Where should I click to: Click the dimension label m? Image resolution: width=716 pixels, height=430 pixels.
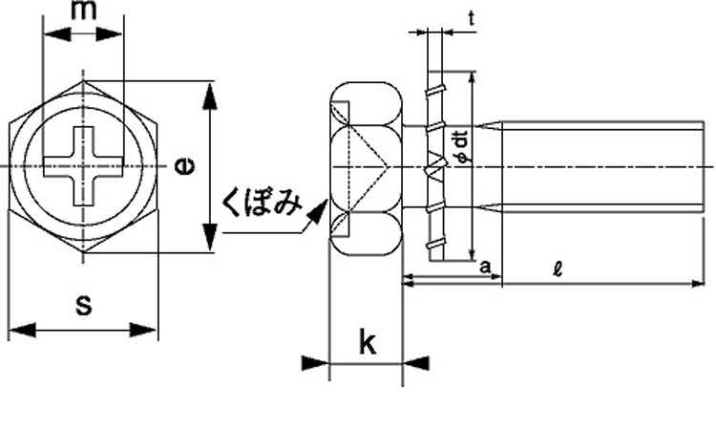[x=84, y=11]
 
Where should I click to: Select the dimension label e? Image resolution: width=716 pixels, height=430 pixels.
[x=184, y=166]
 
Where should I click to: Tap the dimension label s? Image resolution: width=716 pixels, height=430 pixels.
[x=84, y=305]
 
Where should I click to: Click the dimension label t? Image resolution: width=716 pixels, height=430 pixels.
[x=472, y=18]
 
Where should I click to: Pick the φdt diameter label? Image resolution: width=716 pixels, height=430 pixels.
[x=462, y=146]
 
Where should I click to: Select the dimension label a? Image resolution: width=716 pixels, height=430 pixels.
[x=485, y=267]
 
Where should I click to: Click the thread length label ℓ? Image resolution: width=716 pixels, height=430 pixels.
[x=558, y=269]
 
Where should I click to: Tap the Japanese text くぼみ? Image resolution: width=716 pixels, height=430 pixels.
[x=262, y=204]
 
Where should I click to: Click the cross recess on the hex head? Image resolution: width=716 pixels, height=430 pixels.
[x=84, y=166]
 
